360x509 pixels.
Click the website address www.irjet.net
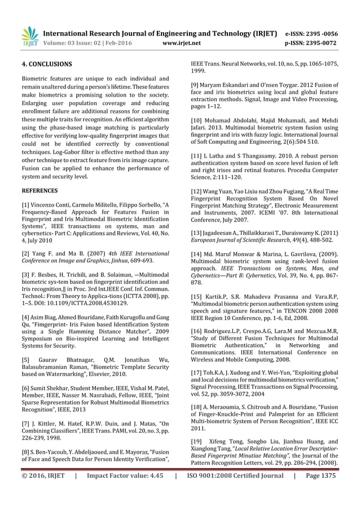(181, 42)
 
